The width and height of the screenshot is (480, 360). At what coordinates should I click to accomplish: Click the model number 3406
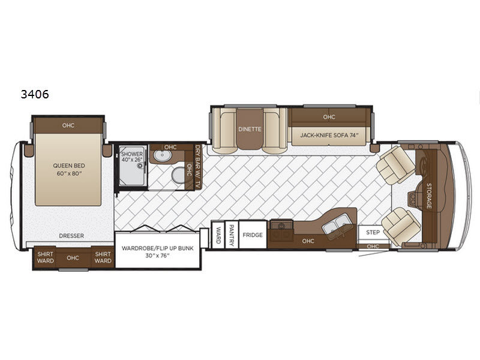pyautogui.click(x=35, y=94)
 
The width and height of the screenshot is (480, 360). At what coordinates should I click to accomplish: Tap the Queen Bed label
pyautogui.click(x=69, y=169)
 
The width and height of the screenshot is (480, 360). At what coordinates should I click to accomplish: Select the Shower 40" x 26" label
pyautogui.click(x=132, y=157)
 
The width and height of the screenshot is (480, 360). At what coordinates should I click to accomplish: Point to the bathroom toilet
pyautogui.click(x=178, y=175)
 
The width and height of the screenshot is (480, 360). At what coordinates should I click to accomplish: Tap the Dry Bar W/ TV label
pyautogui.click(x=199, y=166)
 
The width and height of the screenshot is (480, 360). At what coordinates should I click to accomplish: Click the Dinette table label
pyautogui.click(x=250, y=129)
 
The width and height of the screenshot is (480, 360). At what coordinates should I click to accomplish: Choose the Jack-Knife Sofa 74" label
pyautogui.click(x=329, y=135)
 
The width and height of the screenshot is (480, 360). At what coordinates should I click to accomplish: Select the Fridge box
pyautogui.click(x=253, y=235)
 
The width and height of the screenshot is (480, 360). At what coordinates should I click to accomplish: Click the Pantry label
pyautogui.click(x=232, y=235)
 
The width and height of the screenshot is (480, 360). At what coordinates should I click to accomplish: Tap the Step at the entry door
pyautogui.click(x=373, y=232)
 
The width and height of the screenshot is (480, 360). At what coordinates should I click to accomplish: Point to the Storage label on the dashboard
pyautogui.click(x=429, y=196)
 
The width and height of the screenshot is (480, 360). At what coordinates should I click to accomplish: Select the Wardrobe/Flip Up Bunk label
pyautogui.click(x=157, y=251)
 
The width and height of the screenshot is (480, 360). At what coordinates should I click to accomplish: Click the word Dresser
pyautogui.click(x=71, y=236)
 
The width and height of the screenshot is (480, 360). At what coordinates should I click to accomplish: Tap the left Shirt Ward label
pyautogui.click(x=46, y=257)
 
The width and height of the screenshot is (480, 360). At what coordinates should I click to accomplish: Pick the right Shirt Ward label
pyautogui.click(x=103, y=257)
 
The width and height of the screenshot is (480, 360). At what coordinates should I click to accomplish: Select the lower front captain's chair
pyautogui.click(x=401, y=226)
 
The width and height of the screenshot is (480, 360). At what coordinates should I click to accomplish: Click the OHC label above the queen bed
pyautogui.click(x=68, y=125)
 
